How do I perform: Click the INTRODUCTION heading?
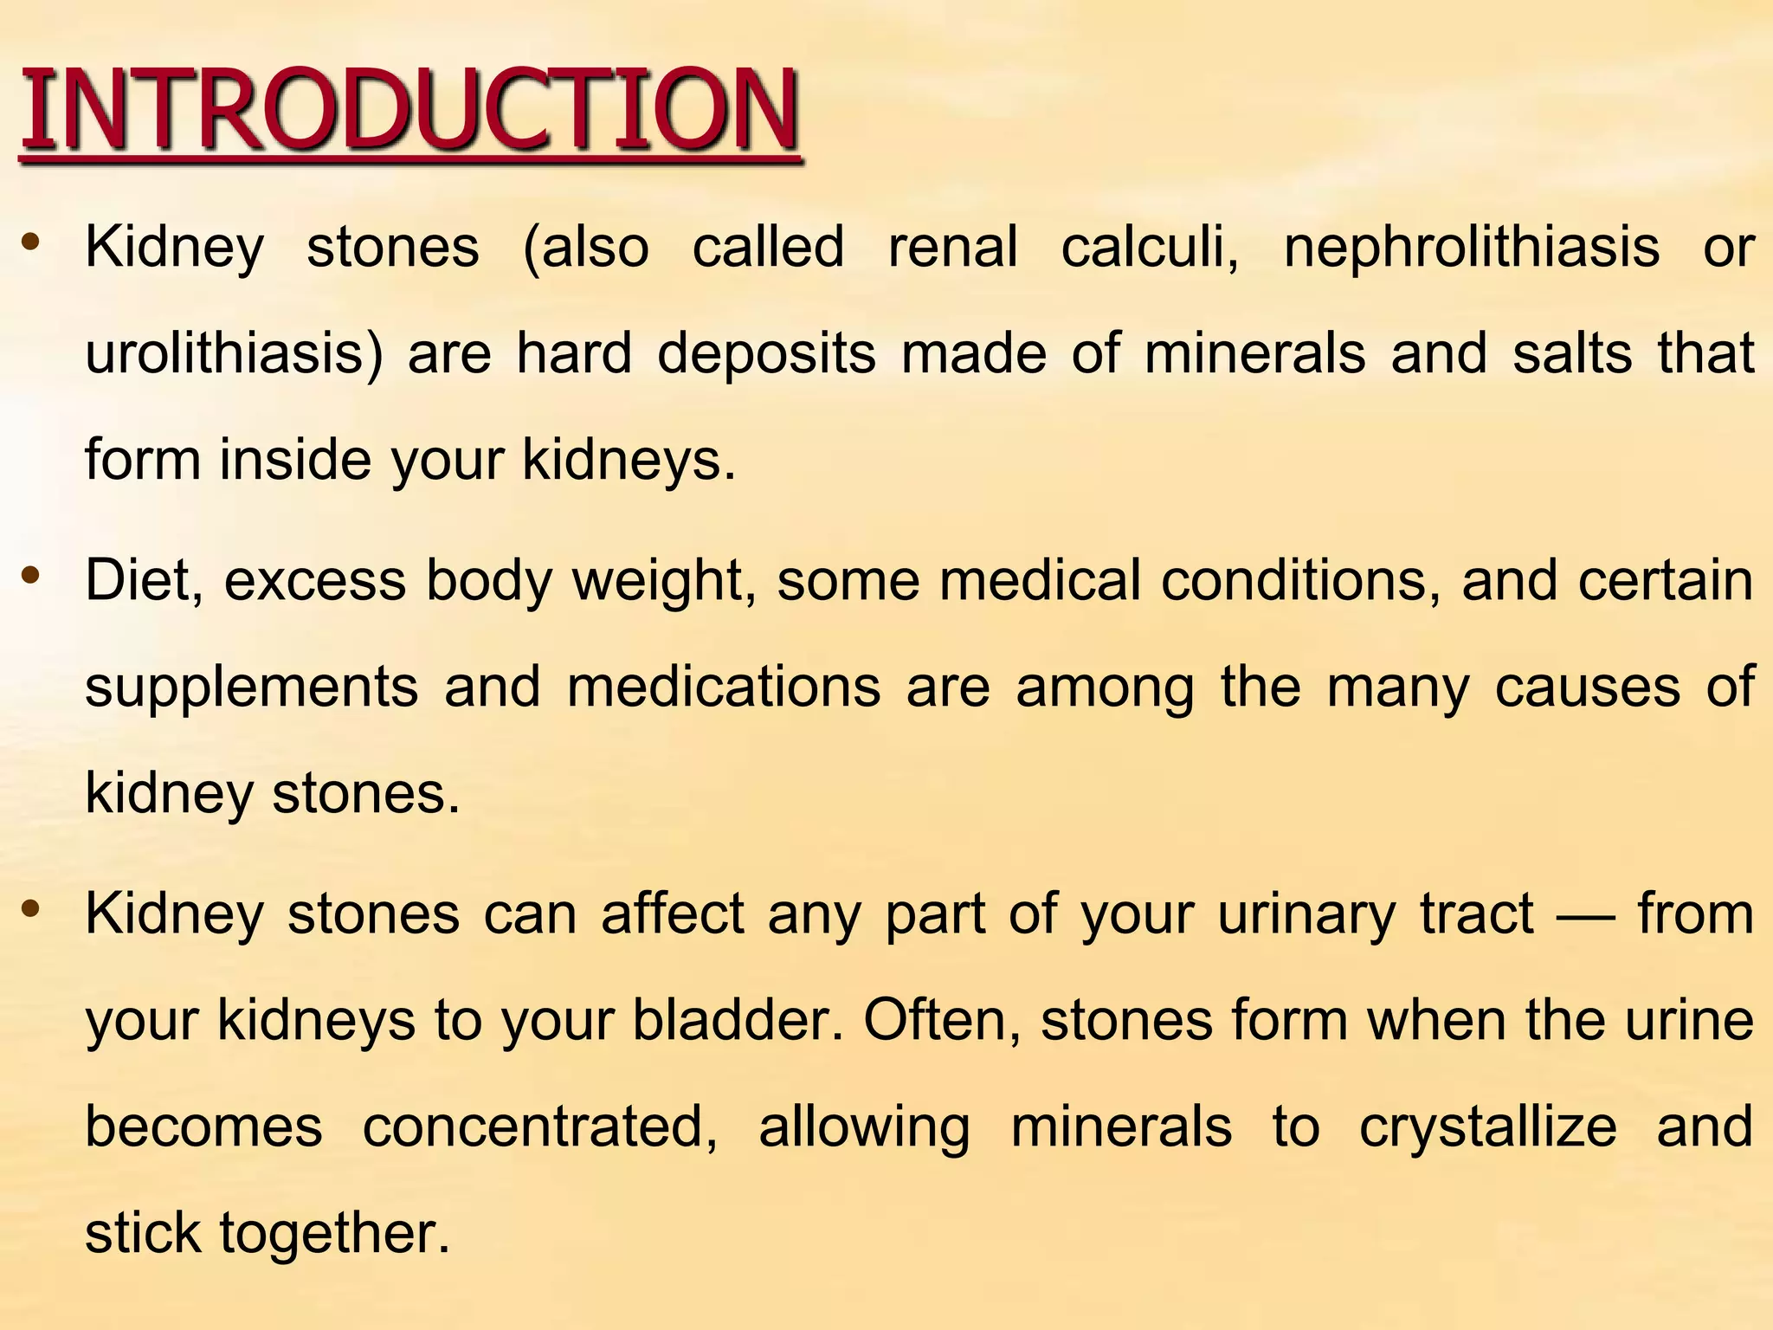click(409, 111)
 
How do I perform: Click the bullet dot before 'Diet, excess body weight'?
click(31, 573)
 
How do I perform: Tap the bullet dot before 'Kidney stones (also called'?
click(31, 240)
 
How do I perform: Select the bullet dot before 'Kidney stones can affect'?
click(31, 907)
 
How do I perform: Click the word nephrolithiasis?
click(1471, 248)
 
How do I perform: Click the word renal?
click(952, 248)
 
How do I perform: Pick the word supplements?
click(251, 689)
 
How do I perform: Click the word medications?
click(724, 688)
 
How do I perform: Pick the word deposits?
click(766, 355)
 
